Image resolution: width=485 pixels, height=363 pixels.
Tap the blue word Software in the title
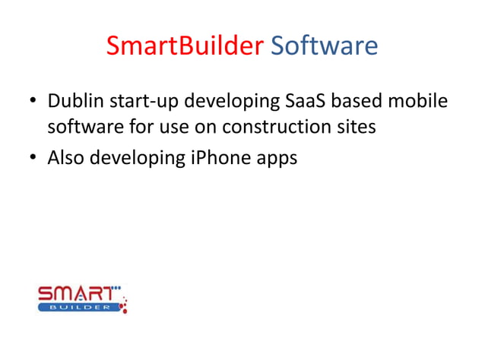325,46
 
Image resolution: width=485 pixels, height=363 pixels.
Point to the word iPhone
212,159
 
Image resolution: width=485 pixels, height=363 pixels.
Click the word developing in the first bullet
235,103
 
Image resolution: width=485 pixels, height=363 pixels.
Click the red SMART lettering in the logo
79,292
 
